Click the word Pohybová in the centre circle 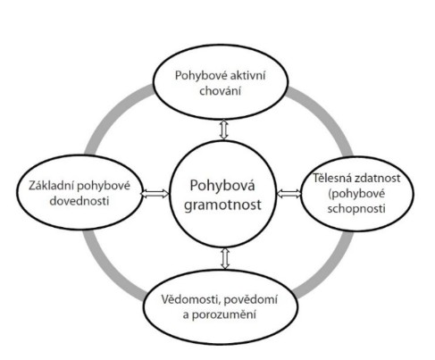click(x=222, y=187)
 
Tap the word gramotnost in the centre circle click(x=222, y=205)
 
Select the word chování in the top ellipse click(x=220, y=90)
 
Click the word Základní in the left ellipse click(x=51, y=186)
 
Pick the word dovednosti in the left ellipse click(x=79, y=201)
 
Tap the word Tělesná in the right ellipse click(x=330, y=178)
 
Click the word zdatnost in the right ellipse click(x=376, y=179)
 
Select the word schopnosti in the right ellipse click(x=356, y=209)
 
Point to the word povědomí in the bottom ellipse click(x=251, y=299)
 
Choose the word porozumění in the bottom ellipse click(x=223, y=314)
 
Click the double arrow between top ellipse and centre click(x=223, y=130)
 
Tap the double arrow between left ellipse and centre click(x=155, y=194)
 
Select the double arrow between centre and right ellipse click(x=289, y=194)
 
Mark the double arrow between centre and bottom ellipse click(x=225, y=258)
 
